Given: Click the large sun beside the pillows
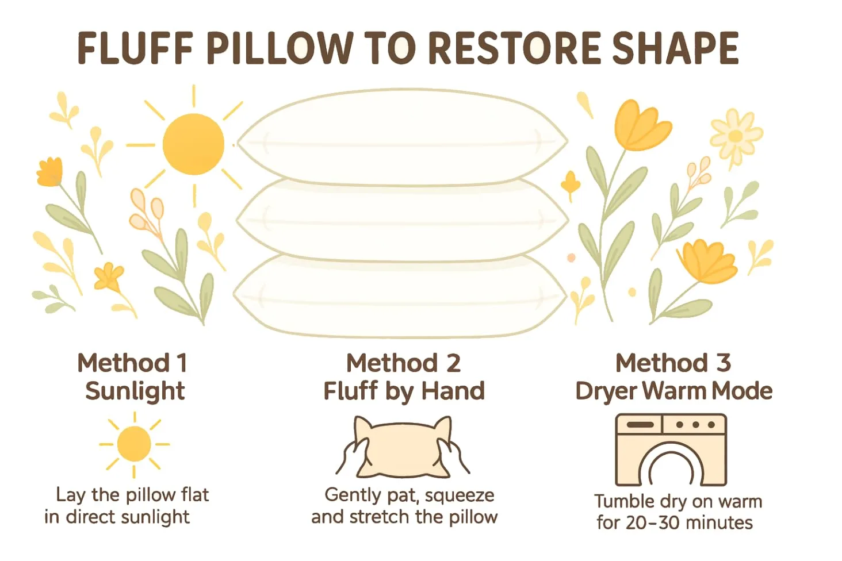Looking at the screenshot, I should (193, 144).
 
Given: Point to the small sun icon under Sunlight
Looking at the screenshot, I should (134, 444).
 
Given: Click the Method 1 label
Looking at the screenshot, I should (133, 363).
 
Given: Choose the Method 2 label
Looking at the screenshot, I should (403, 363).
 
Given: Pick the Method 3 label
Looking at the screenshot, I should (673, 363).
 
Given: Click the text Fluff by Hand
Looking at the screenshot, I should (404, 391).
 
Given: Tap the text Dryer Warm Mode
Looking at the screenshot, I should (673, 391).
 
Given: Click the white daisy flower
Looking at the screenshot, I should (735, 137).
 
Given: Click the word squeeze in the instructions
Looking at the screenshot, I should (459, 495).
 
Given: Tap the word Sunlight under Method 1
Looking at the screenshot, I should (135, 391).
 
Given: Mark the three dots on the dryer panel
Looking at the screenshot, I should (695, 425).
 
